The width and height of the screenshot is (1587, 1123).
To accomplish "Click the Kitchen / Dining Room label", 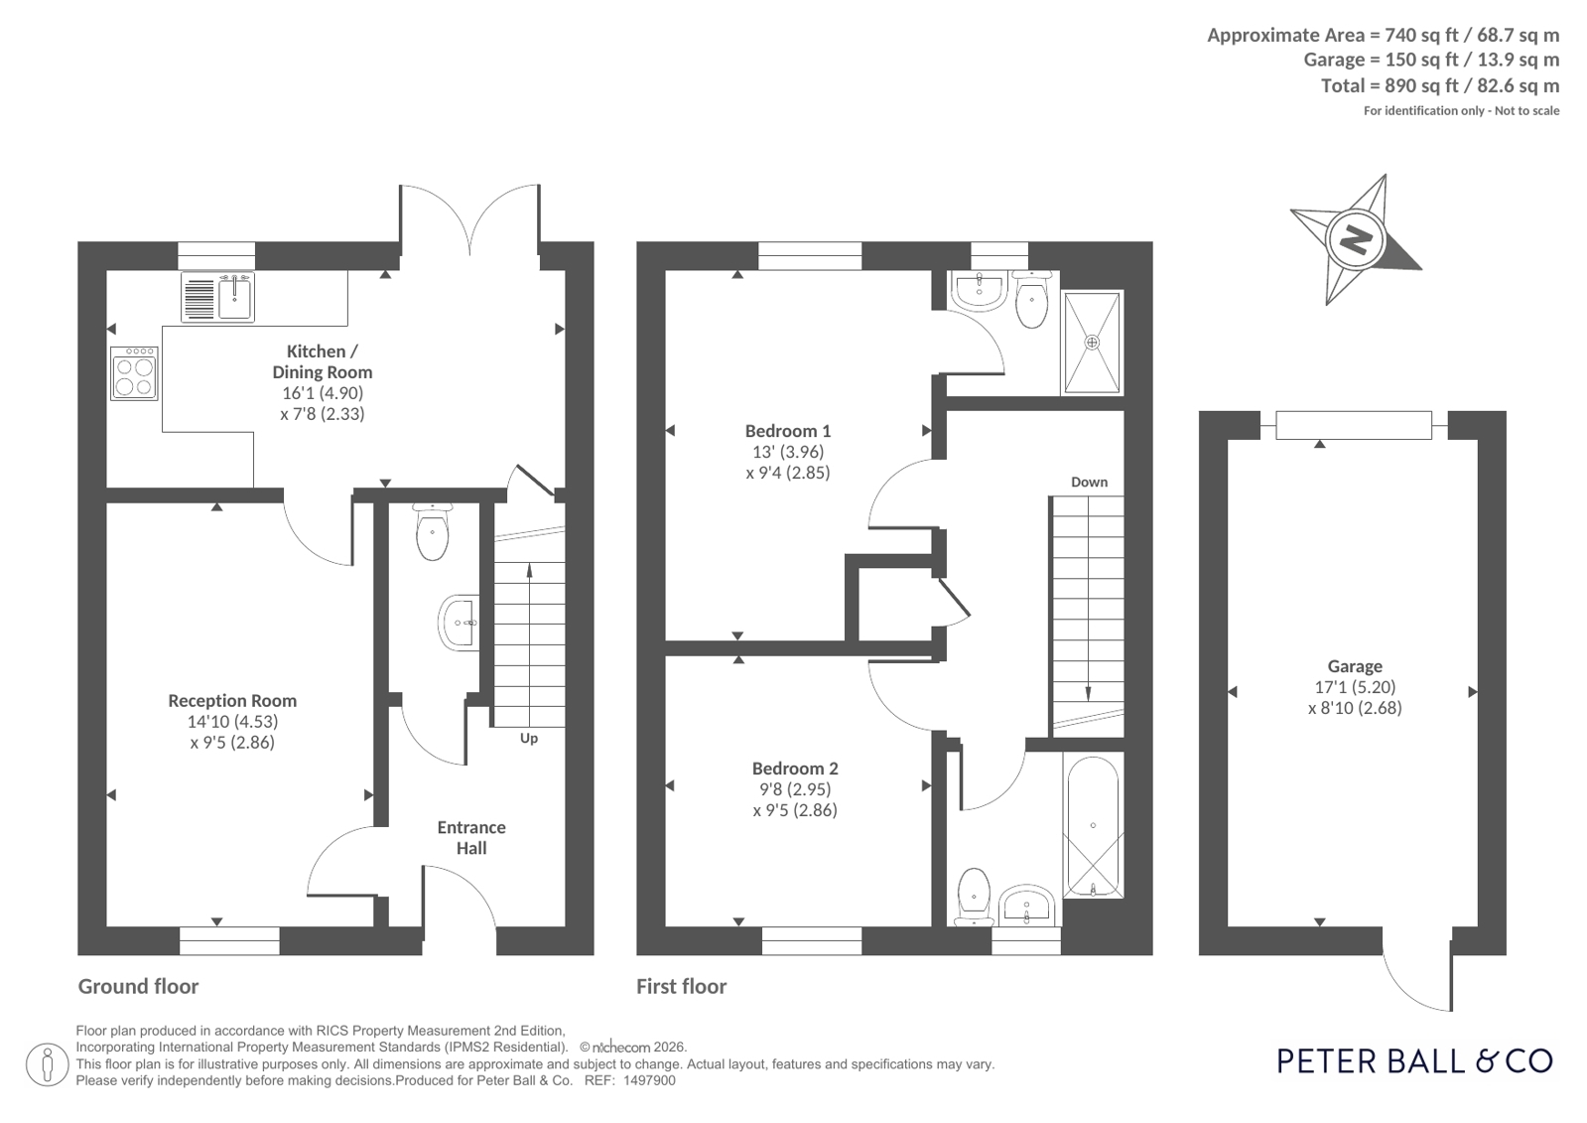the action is [x=323, y=361].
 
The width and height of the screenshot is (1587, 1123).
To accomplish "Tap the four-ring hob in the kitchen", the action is [x=135, y=373].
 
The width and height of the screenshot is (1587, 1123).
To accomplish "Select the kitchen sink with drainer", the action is [x=217, y=298].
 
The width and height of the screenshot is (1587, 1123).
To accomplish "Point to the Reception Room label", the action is [x=232, y=700].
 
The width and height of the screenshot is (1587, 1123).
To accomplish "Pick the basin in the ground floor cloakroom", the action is [x=460, y=623].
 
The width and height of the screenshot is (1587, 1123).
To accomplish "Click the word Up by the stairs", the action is [x=529, y=739].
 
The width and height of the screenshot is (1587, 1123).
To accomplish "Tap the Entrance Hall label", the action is [x=471, y=837].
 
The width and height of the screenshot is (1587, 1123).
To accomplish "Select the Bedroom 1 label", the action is [x=788, y=431].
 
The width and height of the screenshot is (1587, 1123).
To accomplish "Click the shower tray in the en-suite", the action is [x=1092, y=343].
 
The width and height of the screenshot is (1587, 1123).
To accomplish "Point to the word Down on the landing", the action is [x=1089, y=483].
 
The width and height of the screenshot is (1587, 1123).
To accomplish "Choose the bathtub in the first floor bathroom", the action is [x=1093, y=825].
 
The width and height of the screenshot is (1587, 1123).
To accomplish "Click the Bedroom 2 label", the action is [x=795, y=769].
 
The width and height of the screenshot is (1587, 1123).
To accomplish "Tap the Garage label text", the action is [x=1355, y=666].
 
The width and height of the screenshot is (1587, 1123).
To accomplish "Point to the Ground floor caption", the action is [x=138, y=986].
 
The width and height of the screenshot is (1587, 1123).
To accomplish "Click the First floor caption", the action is [x=682, y=986].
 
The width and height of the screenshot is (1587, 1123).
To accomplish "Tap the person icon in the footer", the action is [x=47, y=1064].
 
